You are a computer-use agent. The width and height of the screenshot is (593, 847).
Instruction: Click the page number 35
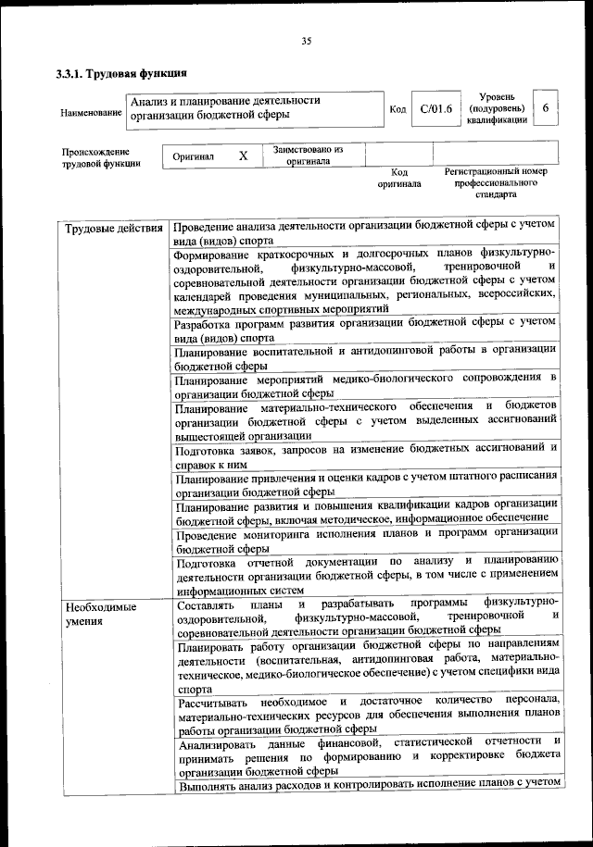tap(306, 40)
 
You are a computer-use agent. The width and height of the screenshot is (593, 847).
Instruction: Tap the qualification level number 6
tap(547, 108)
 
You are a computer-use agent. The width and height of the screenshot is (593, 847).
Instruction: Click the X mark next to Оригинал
tap(243, 156)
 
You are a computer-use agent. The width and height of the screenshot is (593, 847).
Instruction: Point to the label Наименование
tap(91, 113)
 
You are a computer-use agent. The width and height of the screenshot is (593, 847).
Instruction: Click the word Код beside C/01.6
tap(397, 110)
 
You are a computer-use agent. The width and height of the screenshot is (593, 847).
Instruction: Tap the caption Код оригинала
tap(398, 178)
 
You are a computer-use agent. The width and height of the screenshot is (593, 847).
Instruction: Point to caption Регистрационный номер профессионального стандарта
tap(496, 183)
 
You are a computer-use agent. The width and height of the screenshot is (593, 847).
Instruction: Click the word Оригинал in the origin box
tap(194, 156)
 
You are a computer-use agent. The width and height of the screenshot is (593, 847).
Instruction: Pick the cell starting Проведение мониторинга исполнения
tap(365, 542)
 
